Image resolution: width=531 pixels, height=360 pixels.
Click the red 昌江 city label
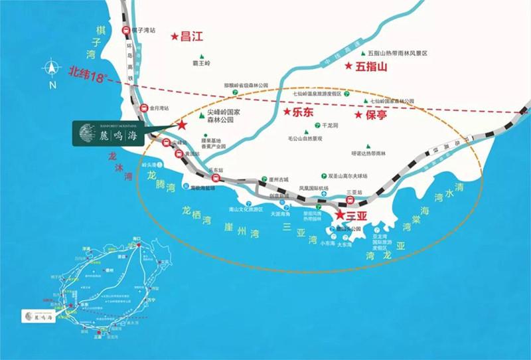click(190, 37)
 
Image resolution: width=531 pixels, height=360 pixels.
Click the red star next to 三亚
click(340, 215)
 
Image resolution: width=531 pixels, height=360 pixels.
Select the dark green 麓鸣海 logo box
click(110, 132)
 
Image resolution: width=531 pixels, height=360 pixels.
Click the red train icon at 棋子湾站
click(125, 30)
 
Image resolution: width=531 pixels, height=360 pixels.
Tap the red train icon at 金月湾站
click(143, 108)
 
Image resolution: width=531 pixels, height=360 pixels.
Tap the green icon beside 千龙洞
click(317, 125)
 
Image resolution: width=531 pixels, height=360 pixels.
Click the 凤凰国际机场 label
click(313, 188)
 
